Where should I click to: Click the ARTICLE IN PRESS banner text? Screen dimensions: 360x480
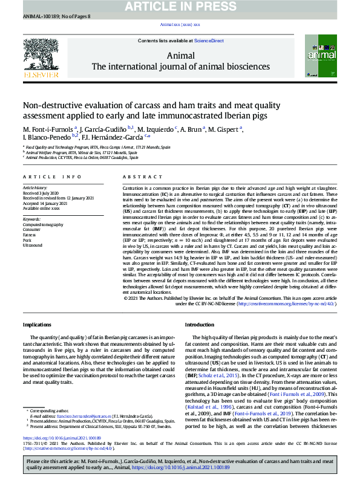click(180, 6)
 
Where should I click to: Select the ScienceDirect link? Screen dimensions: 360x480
click(209, 41)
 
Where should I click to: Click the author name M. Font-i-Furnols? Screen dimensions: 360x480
click(49, 129)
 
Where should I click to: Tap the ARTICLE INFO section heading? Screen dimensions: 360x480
click(52, 177)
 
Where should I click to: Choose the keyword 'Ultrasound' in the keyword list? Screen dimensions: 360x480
click(33, 245)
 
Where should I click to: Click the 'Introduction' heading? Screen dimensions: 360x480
click(200, 325)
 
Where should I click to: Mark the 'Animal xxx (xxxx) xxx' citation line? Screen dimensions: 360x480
click(180, 24)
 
